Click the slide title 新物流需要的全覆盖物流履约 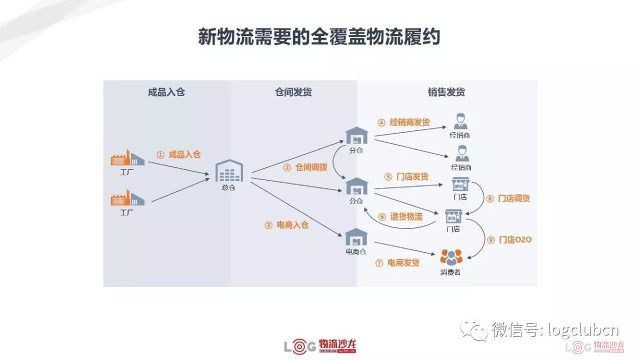coord(319,37)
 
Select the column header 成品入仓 coord(166,92)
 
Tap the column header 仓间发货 coord(293,92)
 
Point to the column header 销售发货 coord(446,92)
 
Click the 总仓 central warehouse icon coord(229,171)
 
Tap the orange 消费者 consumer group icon coord(450,257)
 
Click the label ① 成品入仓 coord(178,155)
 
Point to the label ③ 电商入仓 coord(286,225)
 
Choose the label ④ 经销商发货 coord(403,122)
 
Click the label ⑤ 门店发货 coord(406,176)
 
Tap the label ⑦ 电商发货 coord(397,262)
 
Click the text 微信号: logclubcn coord(555,330)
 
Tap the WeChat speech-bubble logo coord(474,330)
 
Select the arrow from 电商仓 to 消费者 coord(405,248)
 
